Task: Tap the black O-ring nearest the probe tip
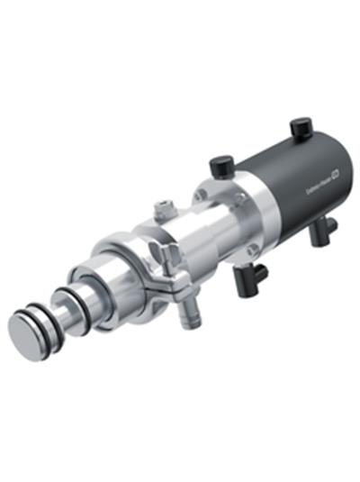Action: coord(39,314)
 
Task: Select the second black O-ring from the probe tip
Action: coord(46,309)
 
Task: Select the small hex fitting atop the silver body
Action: coord(163,209)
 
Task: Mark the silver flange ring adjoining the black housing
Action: coord(221,216)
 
